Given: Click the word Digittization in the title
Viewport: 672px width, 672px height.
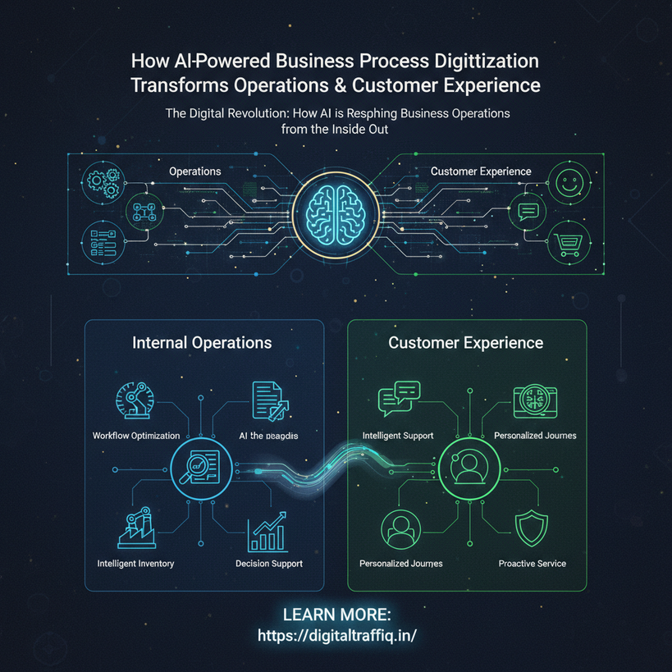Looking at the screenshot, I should pos(482,62).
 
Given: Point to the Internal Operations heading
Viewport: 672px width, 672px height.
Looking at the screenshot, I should pos(202,342).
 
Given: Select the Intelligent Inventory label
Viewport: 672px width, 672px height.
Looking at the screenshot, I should pos(135,564).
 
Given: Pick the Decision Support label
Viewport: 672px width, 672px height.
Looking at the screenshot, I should pos(269,564).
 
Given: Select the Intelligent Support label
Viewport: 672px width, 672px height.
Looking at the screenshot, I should pos(398,435).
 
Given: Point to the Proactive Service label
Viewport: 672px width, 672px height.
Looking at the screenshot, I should pos(532,564).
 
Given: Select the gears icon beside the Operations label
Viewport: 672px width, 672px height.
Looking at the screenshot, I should pos(103,180).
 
